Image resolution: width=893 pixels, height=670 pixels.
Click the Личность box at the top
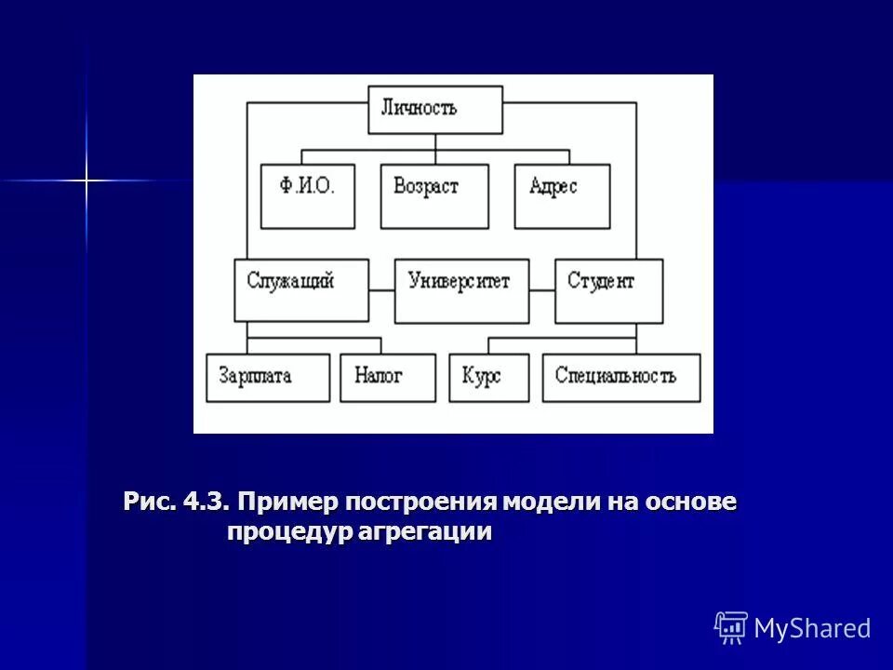434,110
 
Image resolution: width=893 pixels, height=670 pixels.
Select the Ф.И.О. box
307,195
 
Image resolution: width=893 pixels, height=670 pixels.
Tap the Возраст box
434,195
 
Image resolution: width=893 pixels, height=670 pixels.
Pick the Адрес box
562,195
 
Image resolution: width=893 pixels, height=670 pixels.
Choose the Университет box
461,290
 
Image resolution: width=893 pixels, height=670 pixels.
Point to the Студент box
609,290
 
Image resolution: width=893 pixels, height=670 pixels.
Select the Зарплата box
268,377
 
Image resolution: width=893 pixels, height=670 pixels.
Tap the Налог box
387,377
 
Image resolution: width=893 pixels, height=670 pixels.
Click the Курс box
488,377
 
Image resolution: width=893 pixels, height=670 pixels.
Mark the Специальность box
621,377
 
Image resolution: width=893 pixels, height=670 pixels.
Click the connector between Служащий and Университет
381,290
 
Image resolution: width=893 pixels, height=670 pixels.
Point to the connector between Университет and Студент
542,290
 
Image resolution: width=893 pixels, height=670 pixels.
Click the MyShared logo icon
731,628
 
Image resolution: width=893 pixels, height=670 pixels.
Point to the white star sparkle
87,179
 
